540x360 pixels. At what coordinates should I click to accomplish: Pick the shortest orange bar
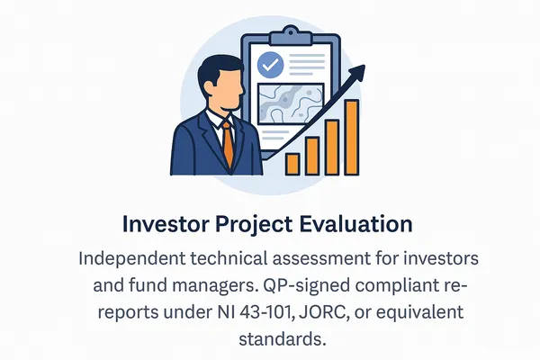pyautogui.click(x=292, y=163)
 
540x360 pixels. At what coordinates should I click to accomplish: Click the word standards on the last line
pyautogui.click(x=275, y=340)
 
